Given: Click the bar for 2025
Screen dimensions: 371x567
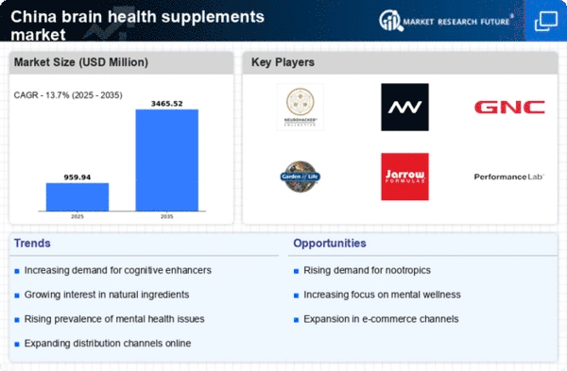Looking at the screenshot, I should [x=77, y=196].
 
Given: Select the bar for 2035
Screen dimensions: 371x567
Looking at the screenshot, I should [x=167, y=160].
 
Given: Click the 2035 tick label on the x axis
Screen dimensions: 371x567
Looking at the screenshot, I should [x=167, y=217].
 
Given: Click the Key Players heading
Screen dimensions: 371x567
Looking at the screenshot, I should [x=283, y=63].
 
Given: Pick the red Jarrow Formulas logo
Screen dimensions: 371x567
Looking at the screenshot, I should [x=405, y=177].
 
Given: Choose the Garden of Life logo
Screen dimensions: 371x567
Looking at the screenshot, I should [x=301, y=177].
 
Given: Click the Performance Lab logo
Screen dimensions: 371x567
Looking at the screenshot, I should [x=509, y=177].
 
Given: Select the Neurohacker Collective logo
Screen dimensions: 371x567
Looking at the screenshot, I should [x=301, y=107].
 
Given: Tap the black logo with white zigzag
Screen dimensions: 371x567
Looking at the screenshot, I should [x=405, y=107].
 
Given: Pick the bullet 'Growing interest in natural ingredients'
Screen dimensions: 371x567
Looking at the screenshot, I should [x=106, y=294].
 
